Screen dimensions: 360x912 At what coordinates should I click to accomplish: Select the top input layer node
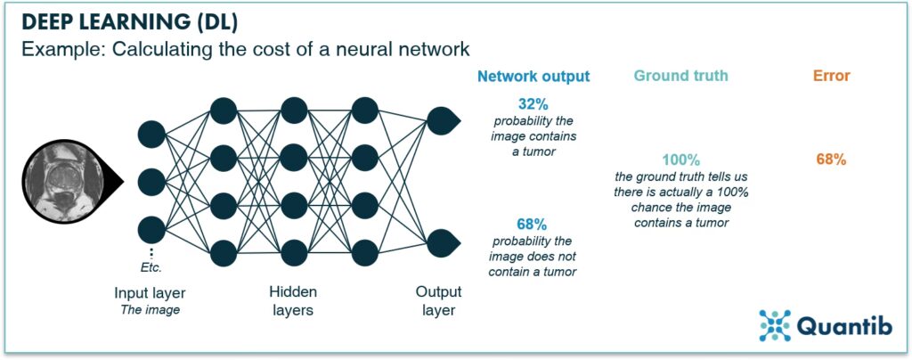click(x=151, y=135)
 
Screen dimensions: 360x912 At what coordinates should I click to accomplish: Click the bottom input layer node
click(x=151, y=229)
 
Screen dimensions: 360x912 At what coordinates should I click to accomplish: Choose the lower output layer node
click(x=442, y=241)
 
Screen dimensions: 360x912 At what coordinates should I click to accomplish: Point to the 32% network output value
click(x=533, y=104)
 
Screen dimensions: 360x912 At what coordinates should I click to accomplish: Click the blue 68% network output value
click(x=533, y=225)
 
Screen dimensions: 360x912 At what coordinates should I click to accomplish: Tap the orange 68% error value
click(x=831, y=160)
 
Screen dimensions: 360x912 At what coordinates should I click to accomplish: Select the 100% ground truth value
click(x=681, y=160)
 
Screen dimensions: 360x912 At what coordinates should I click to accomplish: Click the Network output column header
click(x=533, y=76)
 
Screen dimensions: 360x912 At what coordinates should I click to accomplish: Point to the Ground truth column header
click(x=681, y=76)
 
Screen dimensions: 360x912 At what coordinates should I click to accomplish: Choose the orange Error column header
click(x=831, y=76)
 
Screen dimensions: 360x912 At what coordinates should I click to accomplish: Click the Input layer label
click(x=151, y=293)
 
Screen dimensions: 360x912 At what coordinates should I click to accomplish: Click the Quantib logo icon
click(x=776, y=325)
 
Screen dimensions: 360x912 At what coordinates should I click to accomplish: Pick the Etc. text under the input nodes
click(x=151, y=266)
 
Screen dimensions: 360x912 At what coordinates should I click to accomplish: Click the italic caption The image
click(x=151, y=310)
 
